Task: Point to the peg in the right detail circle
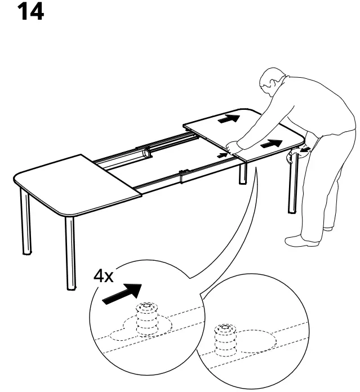[x=226, y=341]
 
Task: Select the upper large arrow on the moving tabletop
[x=229, y=119]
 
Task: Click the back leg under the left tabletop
[x=26, y=223]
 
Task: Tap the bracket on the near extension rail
[x=183, y=176]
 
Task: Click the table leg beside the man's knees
[x=291, y=186]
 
